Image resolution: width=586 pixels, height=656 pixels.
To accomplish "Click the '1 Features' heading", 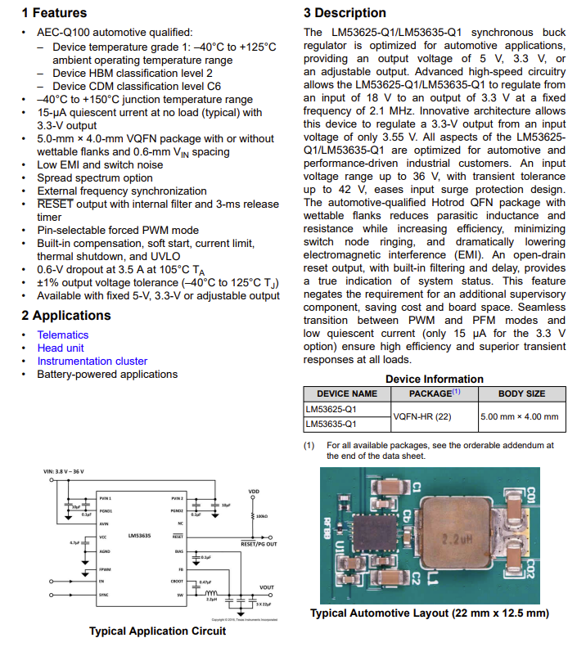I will click(54, 13).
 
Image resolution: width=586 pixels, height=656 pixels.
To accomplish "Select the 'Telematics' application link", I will click(64, 335).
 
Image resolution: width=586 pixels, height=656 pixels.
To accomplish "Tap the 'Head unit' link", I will click(61, 348).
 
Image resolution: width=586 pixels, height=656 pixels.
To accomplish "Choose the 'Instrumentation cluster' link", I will click(92, 361).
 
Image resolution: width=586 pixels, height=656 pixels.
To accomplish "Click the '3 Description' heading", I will click(345, 13).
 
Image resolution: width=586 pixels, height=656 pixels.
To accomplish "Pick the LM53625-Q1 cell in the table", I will click(331, 408).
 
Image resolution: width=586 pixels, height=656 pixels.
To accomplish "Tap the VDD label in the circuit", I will click(254, 492).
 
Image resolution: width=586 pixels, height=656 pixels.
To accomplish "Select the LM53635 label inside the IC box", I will click(139, 535).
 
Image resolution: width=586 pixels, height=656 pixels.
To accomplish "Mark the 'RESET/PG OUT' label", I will click(259, 543).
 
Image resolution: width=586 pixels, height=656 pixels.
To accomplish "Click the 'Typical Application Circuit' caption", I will click(157, 631).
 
